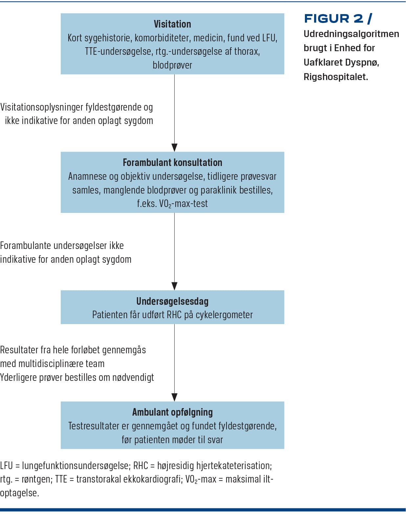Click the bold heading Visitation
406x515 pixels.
[x=172, y=24]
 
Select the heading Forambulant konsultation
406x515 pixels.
[x=172, y=163]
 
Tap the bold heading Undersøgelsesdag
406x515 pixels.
[x=172, y=301]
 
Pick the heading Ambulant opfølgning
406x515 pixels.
[x=172, y=412]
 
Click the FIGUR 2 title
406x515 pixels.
[x=338, y=19]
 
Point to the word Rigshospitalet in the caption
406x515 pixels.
[x=336, y=77]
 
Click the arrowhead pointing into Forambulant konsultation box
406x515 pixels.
[x=174, y=148]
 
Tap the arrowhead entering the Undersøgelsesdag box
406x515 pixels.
[x=174, y=286]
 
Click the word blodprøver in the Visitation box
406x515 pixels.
[x=172, y=65]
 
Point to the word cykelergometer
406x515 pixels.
[x=224, y=315]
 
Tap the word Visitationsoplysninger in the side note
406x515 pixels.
[x=42, y=107]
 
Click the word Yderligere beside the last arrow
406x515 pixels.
[x=19, y=378]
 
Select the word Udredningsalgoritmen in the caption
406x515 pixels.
[x=352, y=34]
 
